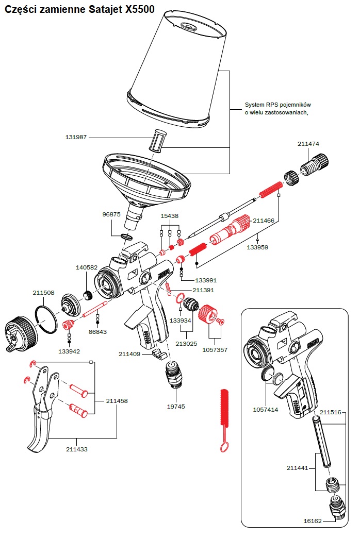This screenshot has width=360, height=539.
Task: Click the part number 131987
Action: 76,138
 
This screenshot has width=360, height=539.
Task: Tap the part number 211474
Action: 308,144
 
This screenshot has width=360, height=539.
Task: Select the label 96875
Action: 111,214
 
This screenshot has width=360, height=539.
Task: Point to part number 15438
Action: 170,216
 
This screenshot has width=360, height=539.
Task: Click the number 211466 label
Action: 264,220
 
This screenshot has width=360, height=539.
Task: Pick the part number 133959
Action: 257,247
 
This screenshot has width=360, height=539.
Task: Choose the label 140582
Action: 87,267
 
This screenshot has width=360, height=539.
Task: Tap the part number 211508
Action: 44,293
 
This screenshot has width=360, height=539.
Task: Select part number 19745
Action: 176,407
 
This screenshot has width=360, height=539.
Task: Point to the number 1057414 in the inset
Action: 265,410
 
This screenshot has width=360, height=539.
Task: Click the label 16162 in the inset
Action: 313,521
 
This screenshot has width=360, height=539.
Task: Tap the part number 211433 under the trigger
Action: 77,449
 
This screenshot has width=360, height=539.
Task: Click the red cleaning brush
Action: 223,412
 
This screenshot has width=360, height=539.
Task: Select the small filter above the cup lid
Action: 160,140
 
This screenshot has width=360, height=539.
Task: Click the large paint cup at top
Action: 178,70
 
